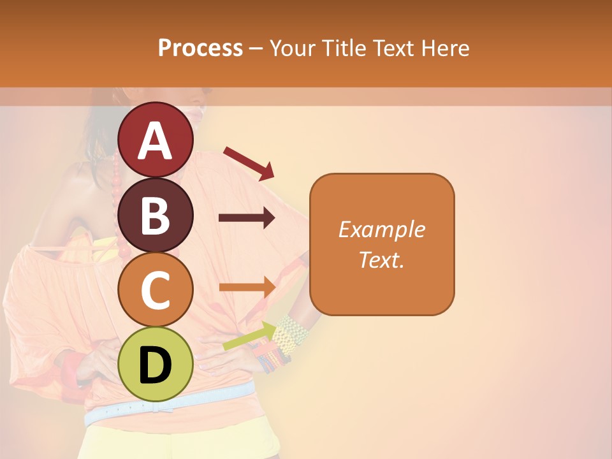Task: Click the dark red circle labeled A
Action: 156,140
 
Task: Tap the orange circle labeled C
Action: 156,289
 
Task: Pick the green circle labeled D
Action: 156,364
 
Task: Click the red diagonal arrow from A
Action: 249,163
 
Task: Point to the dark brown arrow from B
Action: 247,218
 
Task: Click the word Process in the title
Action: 200,48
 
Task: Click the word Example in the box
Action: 381,229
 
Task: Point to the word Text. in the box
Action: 381,259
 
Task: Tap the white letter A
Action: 156,141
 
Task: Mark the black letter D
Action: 156,365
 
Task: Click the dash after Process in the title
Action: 256,48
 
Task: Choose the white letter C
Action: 156,291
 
